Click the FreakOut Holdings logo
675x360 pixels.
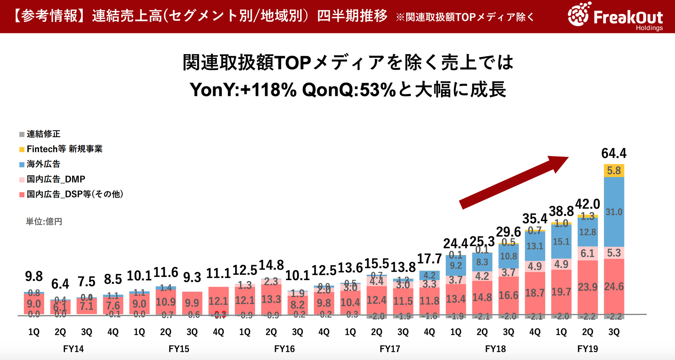(615, 16)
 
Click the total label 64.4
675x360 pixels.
(614, 153)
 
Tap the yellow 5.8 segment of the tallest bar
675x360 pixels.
(614, 171)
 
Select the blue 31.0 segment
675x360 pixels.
(614, 212)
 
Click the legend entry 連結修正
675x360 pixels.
(40, 134)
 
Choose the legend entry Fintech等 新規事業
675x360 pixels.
(61, 149)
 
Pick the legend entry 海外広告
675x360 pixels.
(40, 164)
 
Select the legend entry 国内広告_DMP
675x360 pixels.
(52, 179)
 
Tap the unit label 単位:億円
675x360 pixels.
(44, 221)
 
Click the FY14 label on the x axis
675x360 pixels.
(73, 349)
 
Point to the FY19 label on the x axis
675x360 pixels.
(588, 349)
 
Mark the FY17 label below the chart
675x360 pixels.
(390, 349)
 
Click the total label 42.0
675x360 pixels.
(587, 204)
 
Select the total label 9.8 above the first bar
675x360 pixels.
(34, 276)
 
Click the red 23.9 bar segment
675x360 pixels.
(588, 287)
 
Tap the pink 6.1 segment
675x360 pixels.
(588, 253)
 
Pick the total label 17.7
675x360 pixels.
(429, 259)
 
